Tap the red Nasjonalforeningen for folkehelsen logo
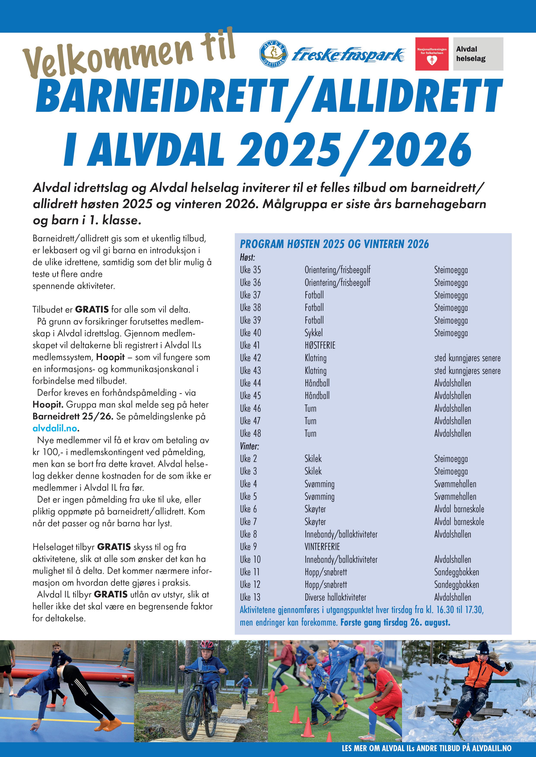(432, 54)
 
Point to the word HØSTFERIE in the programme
(320, 346)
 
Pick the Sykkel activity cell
(314, 333)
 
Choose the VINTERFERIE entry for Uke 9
(322, 547)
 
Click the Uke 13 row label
(250, 597)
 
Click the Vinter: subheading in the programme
(249, 446)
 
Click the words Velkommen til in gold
(129, 54)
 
